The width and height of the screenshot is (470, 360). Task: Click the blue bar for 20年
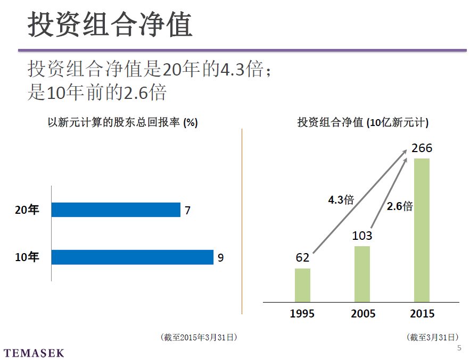click(x=116, y=210)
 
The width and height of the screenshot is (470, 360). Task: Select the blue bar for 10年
click(x=133, y=257)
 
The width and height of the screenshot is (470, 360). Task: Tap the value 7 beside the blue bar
click(x=187, y=211)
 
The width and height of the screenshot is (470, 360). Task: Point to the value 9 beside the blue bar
click(x=220, y=258)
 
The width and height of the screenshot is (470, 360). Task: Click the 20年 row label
click(x=27, y=211)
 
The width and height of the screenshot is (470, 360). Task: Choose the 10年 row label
click(x=27, y=258)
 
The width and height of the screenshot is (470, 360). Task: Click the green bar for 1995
click(x=302, y=285)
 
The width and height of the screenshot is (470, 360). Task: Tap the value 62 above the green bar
click(x=302, y=258)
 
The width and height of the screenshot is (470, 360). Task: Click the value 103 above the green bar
click(x=362, y=236)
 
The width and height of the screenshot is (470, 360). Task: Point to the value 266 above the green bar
click(x=422, y=148)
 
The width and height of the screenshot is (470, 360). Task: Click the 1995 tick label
click(x=302, y=314)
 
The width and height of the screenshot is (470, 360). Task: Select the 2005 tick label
click(x=363, y=314)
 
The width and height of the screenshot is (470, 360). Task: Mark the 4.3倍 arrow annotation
click(x=341, y=200)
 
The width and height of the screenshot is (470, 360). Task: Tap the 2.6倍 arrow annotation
click(x=400, y=206)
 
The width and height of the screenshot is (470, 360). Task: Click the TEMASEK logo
click(x=34, y=353)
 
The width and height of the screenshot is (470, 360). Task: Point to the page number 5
click(x=459, y=348)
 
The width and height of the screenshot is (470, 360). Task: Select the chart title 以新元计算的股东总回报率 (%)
click(x=123, y=123)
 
